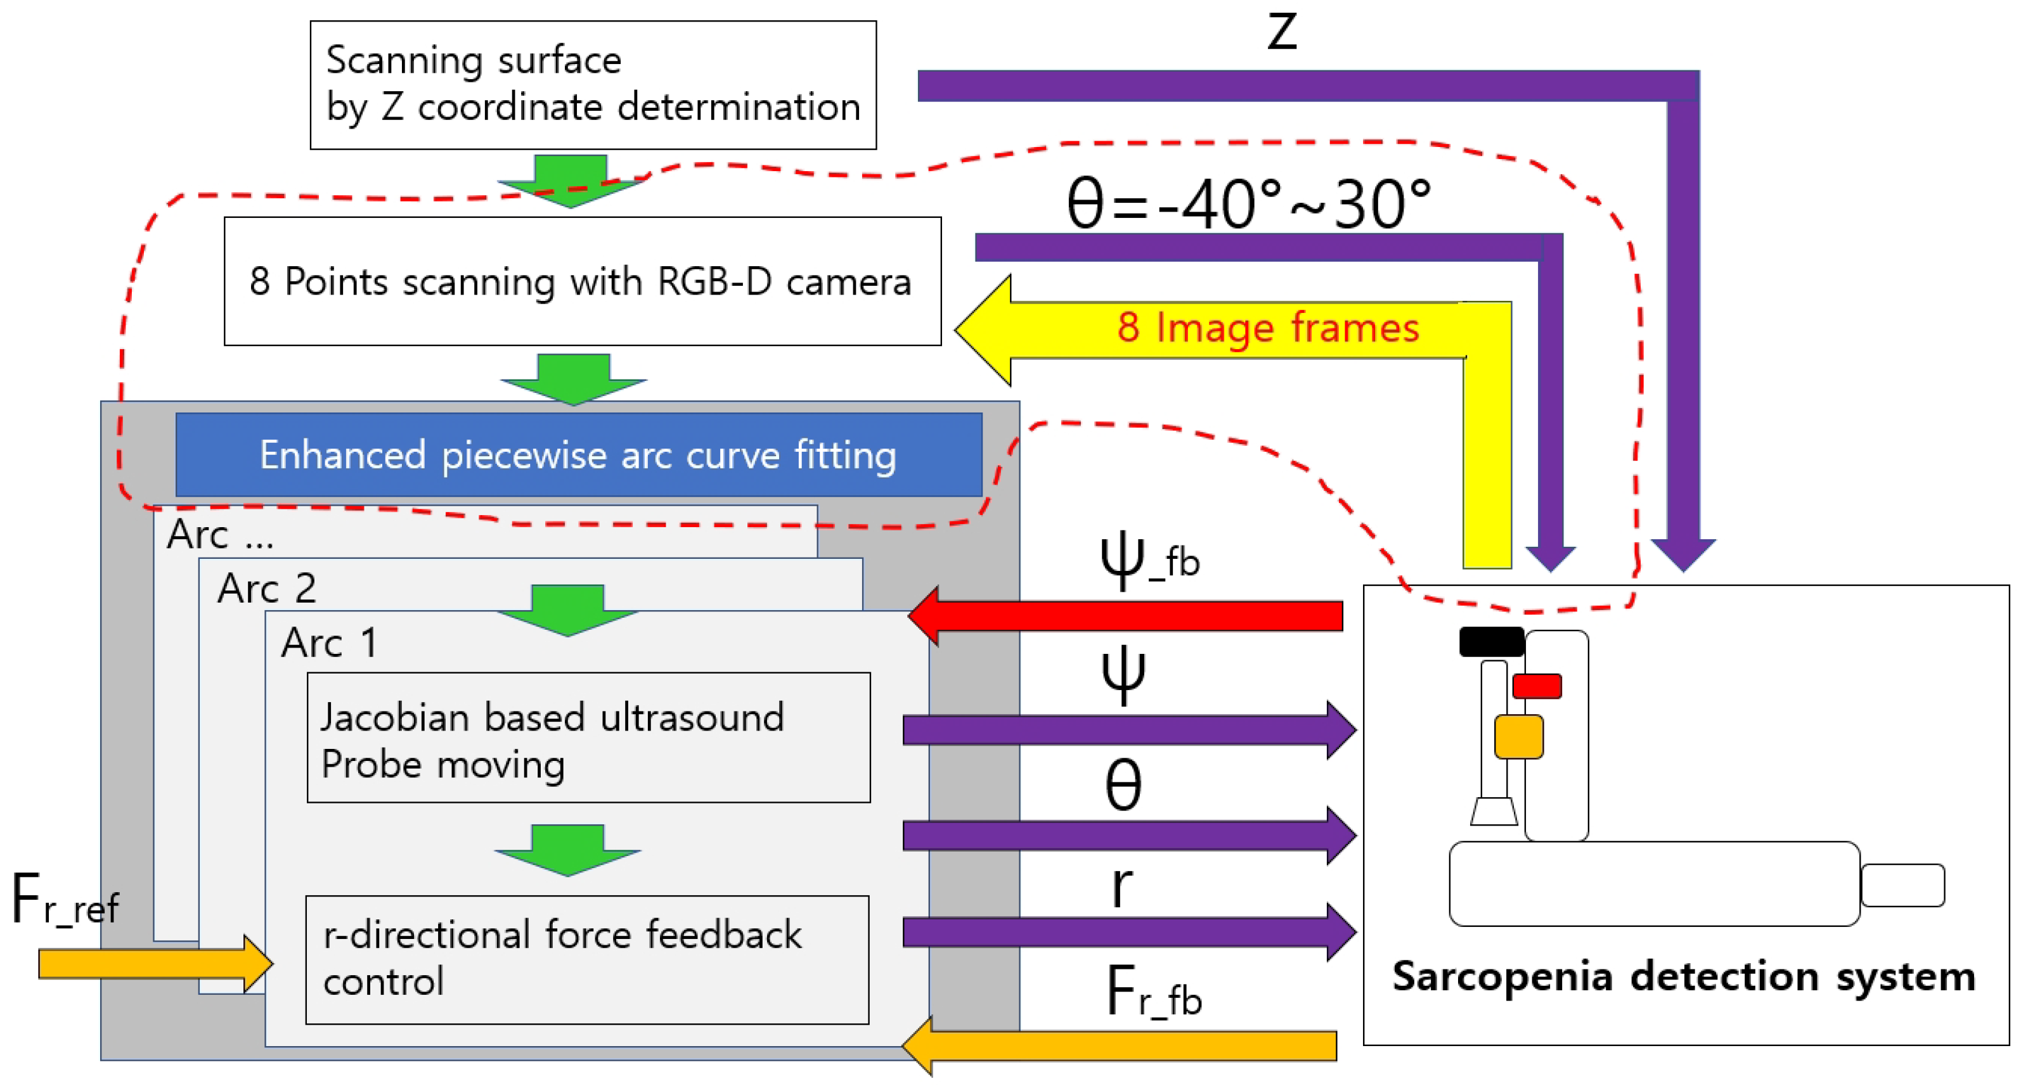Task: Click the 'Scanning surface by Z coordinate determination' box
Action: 593,84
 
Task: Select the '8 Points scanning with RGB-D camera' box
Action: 582,281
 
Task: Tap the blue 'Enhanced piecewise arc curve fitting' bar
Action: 579,455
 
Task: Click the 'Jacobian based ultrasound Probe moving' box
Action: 588,738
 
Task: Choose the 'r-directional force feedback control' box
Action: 586,959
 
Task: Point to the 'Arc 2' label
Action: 267,588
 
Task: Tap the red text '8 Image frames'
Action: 1267,328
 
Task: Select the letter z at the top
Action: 1282,32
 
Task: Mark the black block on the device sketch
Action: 1491,641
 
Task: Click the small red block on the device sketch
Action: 1537,686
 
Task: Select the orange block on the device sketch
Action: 1518,737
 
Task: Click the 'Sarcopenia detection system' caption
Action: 1683,976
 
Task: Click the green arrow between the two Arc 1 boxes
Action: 567,850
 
